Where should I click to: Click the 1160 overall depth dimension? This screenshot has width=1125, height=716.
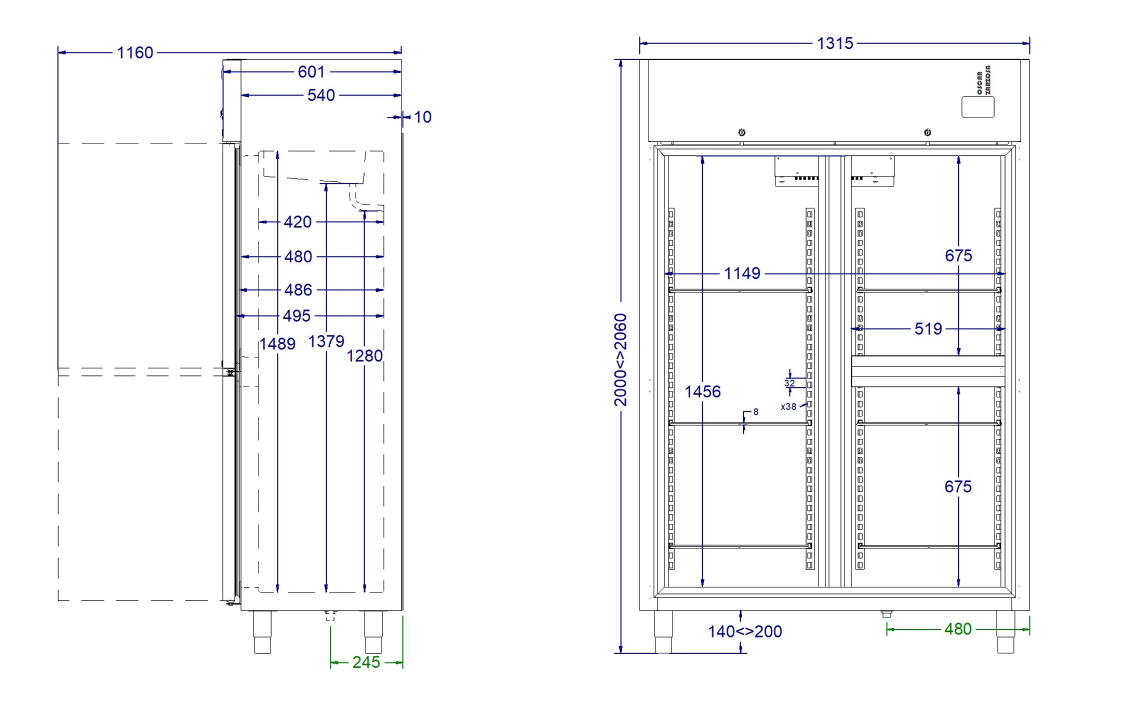point(135,52)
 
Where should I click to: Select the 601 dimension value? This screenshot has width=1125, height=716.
point(311,72)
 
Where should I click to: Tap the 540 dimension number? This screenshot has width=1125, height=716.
point(321,95)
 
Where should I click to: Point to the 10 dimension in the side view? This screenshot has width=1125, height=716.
point(423,117)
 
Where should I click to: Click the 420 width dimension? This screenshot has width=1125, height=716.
point(298,222)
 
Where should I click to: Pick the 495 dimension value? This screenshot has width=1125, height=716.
point(297,316)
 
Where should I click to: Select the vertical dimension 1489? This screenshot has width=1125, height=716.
point(277,344)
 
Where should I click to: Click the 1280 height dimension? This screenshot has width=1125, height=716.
point(365,356)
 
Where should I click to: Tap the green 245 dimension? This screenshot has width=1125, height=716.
point(366,662)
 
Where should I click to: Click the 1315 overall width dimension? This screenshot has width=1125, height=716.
point(835,43)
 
